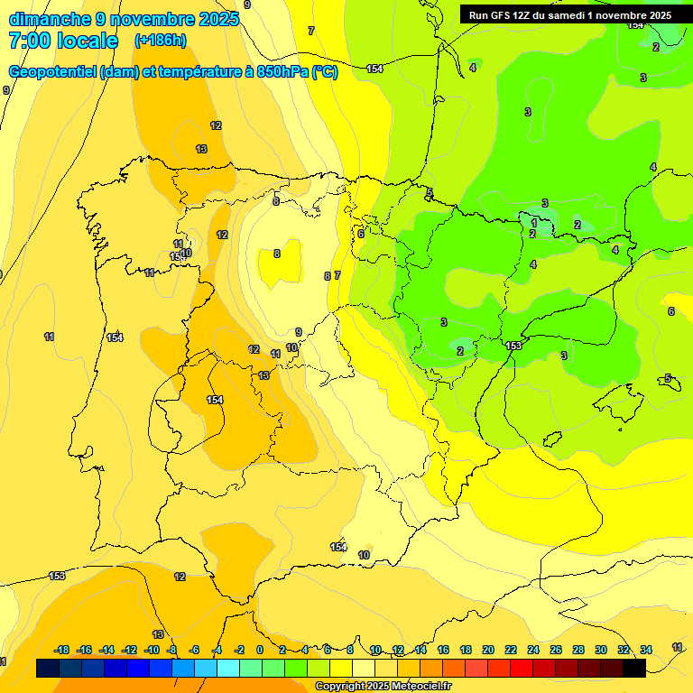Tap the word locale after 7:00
pyautogui.click(x=88, y=41)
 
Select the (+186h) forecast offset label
pyautogui.click(x=160, y=41)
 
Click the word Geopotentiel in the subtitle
pyautogui.click(x=52, y=72)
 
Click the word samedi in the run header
pyautogui.click(x=575, y=15)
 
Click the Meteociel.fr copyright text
pyautogui.click(x=383, y=687)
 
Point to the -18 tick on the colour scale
pyautogui.click(x=62, y=650)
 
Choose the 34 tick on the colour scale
pyautogui.click(x=646, y=650)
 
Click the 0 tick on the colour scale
pyautogui.click(x=260, y=650)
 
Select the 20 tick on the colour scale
pyautogui.click(x=488, y=650)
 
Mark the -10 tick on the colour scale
pyautogui.click(x=152, y=650)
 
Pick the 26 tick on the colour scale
pyautogui.click(x=556, y=650)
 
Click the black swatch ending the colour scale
pyautogui.click(x=633, y=669)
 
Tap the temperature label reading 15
pyautogui.click(x=174, y=257)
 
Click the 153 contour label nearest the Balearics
pyautogui.click(x=513, y=346)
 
